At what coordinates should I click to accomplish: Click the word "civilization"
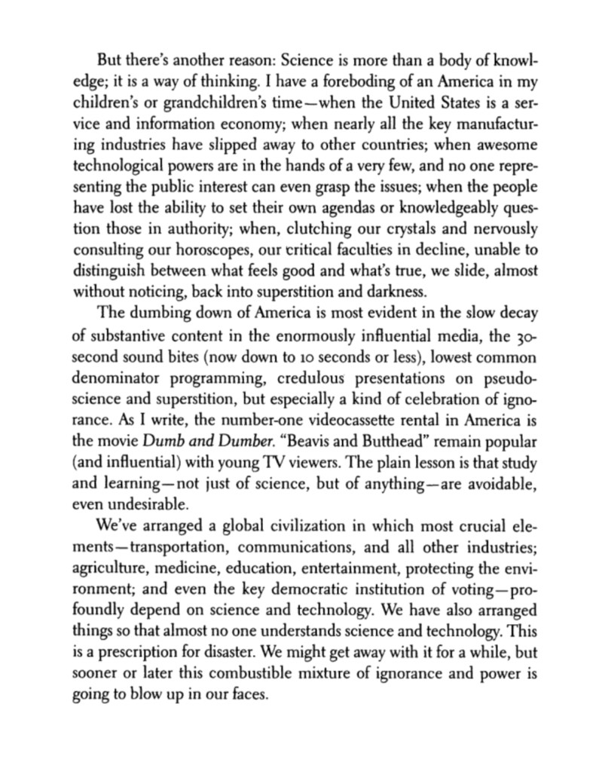(271, 528)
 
